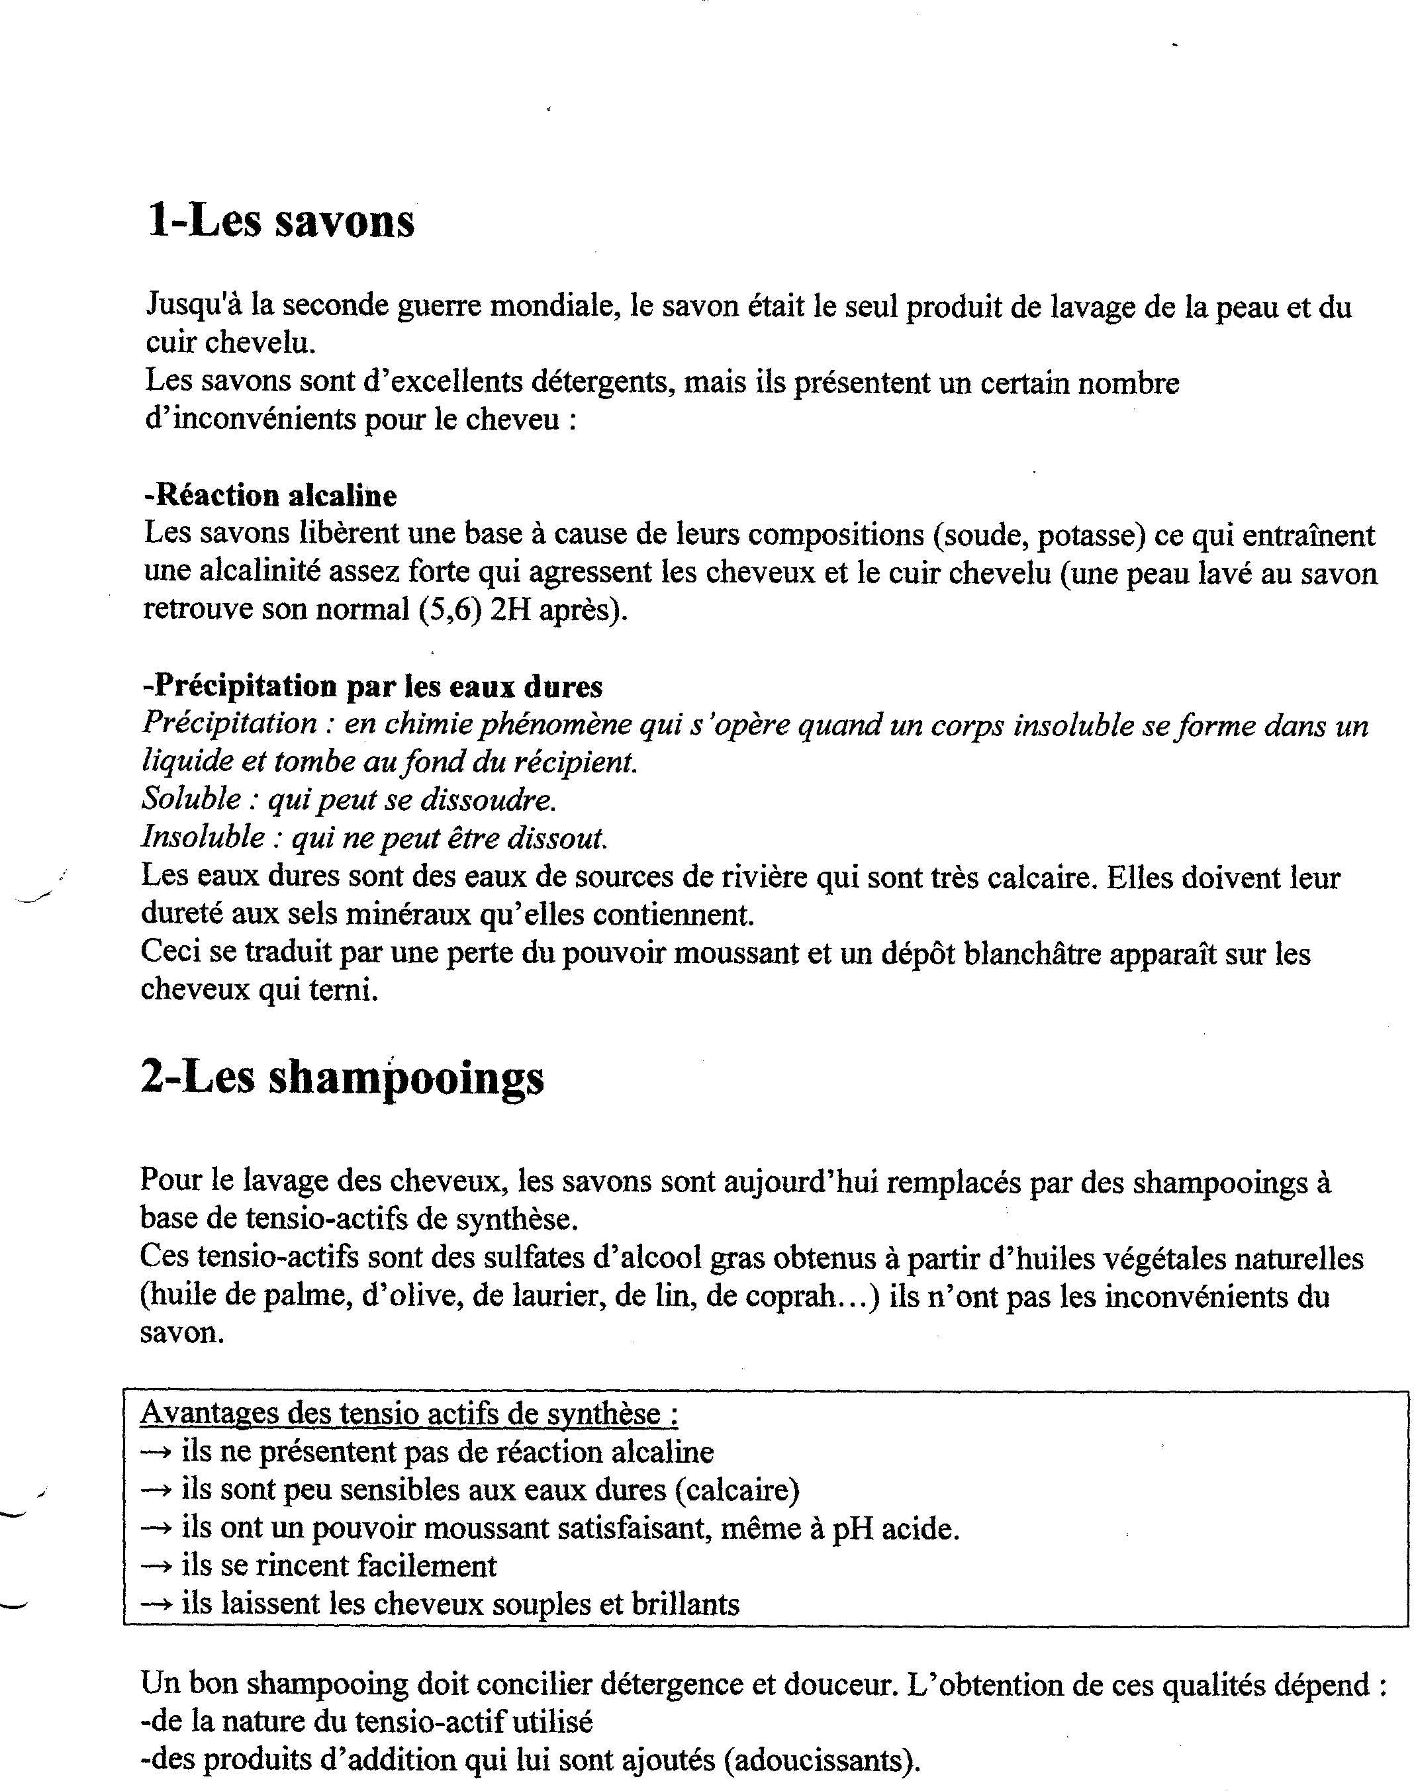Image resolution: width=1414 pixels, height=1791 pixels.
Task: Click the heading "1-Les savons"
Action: [x=281, y=221]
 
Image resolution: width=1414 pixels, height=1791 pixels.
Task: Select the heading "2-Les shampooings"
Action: [x=342, y=1078]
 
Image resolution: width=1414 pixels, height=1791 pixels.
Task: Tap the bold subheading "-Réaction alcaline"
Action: [x=270, y=495]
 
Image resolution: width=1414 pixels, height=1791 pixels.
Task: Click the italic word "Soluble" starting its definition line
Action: [x=191, y=799]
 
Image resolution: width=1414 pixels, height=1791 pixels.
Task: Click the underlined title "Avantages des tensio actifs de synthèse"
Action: [x=409, y=1414]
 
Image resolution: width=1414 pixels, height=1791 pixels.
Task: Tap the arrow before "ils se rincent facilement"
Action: [x=156, y=1566]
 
